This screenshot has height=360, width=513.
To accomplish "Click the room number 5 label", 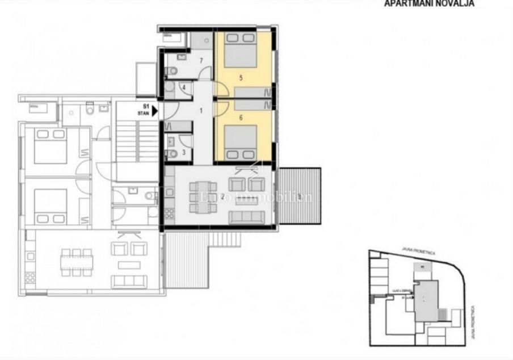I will click(241, 76).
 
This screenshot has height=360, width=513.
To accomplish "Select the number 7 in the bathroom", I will click(201, 60).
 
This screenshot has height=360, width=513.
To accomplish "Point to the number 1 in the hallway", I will click(200, 110).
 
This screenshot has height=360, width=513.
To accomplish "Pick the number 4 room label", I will click(184, 87).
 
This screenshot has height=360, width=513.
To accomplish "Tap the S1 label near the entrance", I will click(145, 106).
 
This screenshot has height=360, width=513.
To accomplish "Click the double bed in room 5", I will click(240, 51).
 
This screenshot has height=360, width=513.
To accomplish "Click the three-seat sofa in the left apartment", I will click(129, 281).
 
